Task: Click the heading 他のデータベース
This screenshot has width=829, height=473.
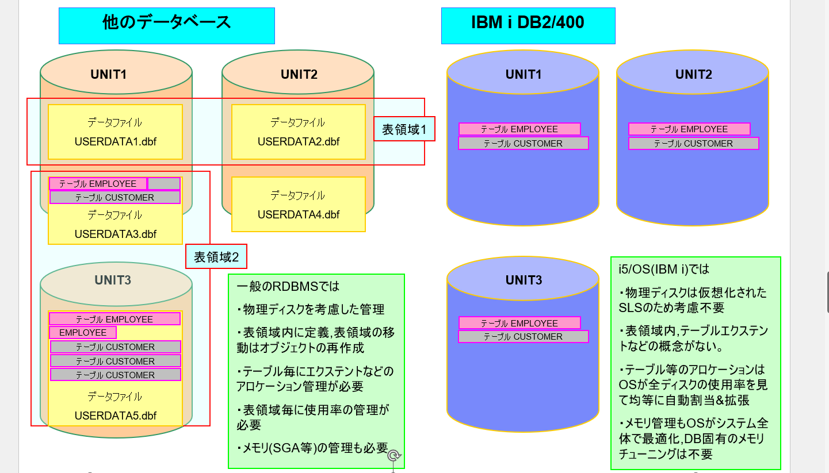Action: point(166,22)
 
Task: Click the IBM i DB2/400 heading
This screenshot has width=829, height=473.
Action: point(528,22)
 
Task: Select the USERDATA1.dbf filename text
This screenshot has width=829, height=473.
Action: point(116,141)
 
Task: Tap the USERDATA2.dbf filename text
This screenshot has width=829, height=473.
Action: point(299,141)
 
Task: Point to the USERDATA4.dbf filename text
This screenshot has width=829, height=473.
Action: point(299,214)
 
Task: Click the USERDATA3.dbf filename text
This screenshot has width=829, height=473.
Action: point(116,234)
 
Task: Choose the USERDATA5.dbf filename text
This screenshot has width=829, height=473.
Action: point(116,416)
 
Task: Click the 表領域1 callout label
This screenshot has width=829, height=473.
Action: point(404,129)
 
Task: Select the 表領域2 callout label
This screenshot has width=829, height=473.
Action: point(216,257)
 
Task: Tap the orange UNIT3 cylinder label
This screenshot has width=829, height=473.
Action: point(113,280)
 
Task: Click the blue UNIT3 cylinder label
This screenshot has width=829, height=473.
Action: point(524,280)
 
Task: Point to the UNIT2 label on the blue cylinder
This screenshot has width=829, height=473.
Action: point(694,74)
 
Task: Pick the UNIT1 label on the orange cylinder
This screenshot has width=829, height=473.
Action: point(108,74)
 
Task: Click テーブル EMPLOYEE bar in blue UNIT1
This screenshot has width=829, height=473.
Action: point(519,129)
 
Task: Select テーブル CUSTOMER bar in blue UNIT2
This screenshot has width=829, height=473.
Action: point(694,144)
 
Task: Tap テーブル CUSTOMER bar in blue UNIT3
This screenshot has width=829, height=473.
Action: point(524,337)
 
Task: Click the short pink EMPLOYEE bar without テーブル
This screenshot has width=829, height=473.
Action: point(83,332)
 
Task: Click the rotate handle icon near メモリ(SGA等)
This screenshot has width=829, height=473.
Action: point(394,456)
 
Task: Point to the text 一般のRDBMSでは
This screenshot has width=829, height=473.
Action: point(288,286)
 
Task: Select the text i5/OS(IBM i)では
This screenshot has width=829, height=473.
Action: point(664,269)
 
